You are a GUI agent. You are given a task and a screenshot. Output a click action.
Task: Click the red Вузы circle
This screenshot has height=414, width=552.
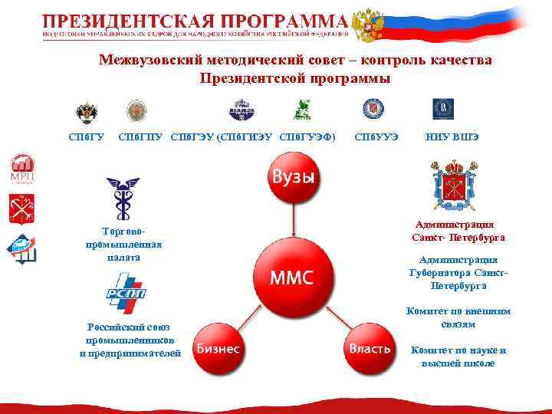[291, 178]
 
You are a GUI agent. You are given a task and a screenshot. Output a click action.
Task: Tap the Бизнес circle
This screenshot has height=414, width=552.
[218, 349]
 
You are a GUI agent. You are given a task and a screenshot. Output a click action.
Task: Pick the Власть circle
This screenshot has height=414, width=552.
[370, 349]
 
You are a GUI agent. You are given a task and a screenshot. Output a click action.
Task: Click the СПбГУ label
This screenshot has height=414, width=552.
[87, 136]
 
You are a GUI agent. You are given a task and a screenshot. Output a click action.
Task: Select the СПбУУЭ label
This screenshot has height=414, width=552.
[375, 136]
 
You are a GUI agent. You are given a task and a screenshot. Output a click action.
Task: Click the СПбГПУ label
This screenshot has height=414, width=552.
[140, 136]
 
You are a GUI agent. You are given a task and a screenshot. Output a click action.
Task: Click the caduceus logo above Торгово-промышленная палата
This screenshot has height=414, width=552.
[123, 198]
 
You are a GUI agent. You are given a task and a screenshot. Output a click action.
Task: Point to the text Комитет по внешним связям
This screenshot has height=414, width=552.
[458, 317]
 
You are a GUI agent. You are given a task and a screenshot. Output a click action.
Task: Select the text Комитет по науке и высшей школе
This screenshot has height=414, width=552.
[458, 356]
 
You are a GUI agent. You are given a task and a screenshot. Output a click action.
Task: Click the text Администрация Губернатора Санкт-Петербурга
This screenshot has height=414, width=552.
[458, 272]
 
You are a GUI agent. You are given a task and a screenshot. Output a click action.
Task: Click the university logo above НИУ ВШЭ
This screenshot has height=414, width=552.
[443, 109]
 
